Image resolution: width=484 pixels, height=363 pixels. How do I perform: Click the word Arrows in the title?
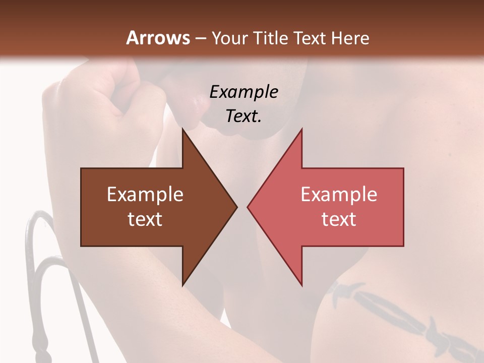pyautogui.click(x=158, y=38)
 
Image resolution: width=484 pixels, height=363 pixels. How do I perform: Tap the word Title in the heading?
pyautogui.click(x=272, y=38)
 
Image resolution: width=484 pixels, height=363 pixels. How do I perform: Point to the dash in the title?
pyautogui.click(x=200, y=39)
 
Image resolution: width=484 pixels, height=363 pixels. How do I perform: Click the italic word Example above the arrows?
pyautogui.click(x=244, y=92)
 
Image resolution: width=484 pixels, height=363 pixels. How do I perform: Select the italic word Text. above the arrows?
pyautogui.click(x=244, y=116)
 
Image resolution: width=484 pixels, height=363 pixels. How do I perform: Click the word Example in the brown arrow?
pyautogui.click(x=145, y=195)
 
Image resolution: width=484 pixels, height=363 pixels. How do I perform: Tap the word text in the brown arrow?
pyautogui.click(x=145, y=219)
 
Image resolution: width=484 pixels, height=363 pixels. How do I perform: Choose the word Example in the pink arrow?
pyautogui.click(x=339, y=195)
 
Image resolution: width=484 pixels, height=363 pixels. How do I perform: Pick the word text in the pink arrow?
pyautogui.click(x=339, y=219)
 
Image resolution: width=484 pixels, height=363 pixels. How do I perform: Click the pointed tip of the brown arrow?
pyautogui.click(x=235, y=207)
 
